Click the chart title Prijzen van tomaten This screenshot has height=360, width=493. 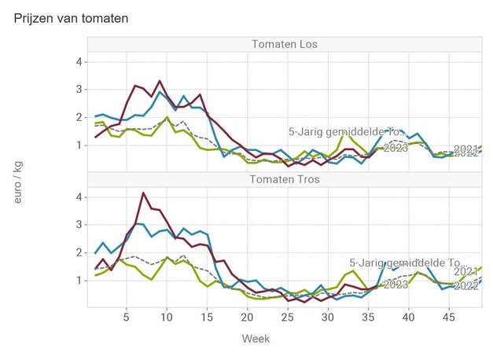[72, 17]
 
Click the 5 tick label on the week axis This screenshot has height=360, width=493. [126, 318]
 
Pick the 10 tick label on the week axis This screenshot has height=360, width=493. [166, 318]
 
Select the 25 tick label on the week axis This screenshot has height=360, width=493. [287, 318]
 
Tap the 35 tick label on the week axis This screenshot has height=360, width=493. [368, 318]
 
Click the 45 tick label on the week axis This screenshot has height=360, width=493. [448, 318]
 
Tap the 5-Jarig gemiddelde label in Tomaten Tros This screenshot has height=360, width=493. [407, 264]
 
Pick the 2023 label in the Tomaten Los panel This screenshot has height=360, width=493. [395, 148]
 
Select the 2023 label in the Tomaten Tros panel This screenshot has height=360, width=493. [395, 284]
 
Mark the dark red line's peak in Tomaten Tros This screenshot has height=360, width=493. [143, 193]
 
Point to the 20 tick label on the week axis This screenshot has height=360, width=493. [247, 318]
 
